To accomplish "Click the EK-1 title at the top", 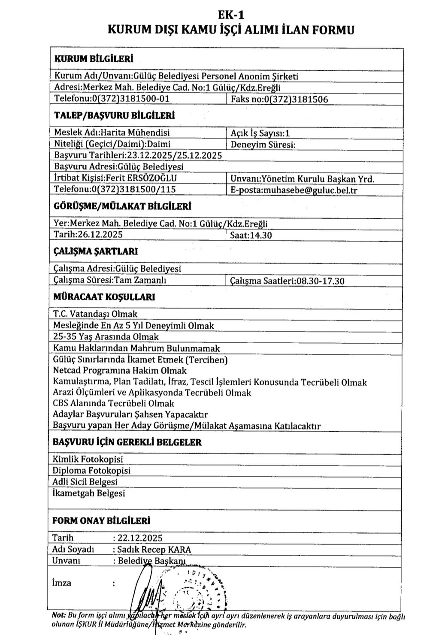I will click(x=231, y=15).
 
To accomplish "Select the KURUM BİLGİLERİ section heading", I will click(x=94, y=59).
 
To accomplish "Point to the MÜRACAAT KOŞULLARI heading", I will click(x=104, y=297).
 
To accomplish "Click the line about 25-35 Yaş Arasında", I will click(x=106, y=337).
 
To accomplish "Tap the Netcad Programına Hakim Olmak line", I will click(x=120, y=370).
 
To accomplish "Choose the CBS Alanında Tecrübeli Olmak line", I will click(x=113, y=403).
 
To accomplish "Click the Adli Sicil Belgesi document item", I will click(x=85, y=482).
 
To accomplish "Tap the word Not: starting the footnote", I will click(x=58, y=616).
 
